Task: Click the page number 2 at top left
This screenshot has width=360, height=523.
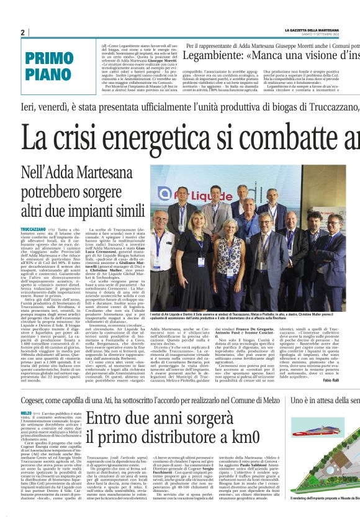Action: [x=23, y=32]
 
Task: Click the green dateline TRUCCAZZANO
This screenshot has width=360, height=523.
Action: [x=51, y=229]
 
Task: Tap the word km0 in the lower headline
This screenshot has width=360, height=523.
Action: [x=242, y=419]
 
